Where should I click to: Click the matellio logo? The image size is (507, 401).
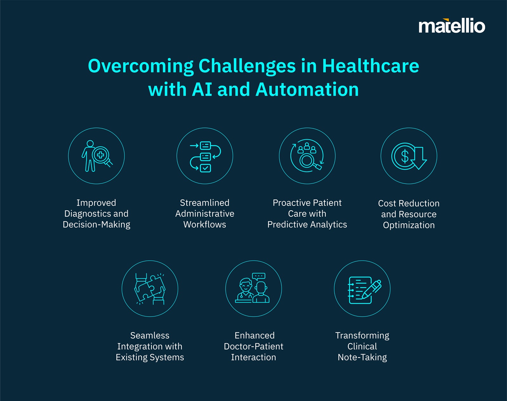452,26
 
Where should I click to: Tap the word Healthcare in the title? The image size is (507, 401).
371,66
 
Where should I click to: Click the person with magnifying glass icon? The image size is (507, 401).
97,156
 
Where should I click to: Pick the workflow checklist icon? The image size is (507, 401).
205,156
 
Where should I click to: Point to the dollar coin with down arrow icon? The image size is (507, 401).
409,156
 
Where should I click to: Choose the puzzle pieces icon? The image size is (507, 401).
150,289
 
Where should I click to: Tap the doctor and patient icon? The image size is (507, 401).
252,288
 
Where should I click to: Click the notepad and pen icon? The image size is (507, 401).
364,290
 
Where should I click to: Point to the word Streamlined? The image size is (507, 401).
204,203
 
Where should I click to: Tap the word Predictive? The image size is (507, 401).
287,224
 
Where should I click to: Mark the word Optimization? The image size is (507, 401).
409,225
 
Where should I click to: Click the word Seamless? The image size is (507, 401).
150,335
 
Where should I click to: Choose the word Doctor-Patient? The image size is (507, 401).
253,347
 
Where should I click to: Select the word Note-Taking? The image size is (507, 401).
362,357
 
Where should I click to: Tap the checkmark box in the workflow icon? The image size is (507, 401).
205,168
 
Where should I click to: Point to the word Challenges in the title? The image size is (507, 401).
247,66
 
